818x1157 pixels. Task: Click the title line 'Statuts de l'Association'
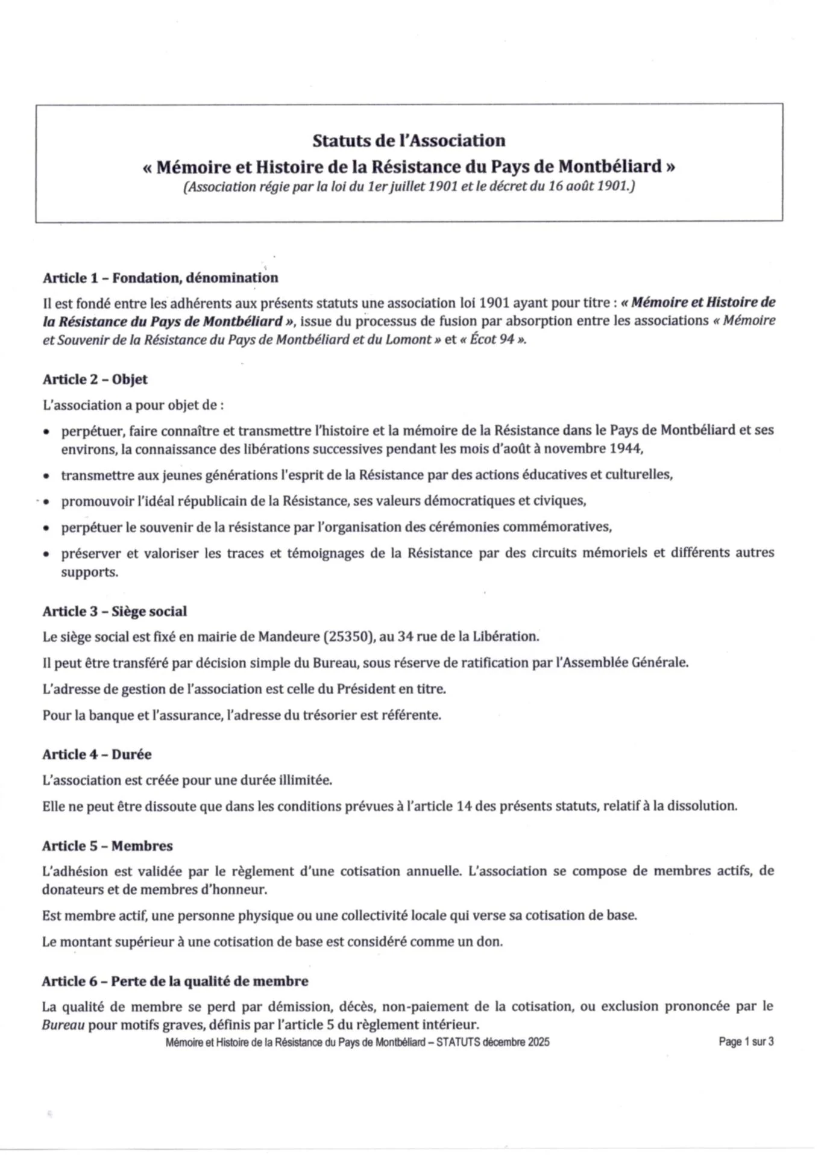409,141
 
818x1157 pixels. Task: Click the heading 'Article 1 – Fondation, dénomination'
160,278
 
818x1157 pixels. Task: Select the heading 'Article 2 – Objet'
95,379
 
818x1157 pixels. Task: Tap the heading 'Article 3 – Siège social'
115,611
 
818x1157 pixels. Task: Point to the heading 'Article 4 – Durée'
96,754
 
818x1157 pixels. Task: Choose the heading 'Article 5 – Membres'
107,845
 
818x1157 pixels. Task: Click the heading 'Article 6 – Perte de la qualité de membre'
175,980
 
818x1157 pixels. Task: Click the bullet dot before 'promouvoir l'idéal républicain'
46,501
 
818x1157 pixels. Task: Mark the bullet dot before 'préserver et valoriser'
46,554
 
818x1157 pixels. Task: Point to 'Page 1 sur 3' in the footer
746,1041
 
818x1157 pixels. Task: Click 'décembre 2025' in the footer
516,1042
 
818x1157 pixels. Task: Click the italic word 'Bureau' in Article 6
63,1024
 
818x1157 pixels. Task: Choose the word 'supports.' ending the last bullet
89,572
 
